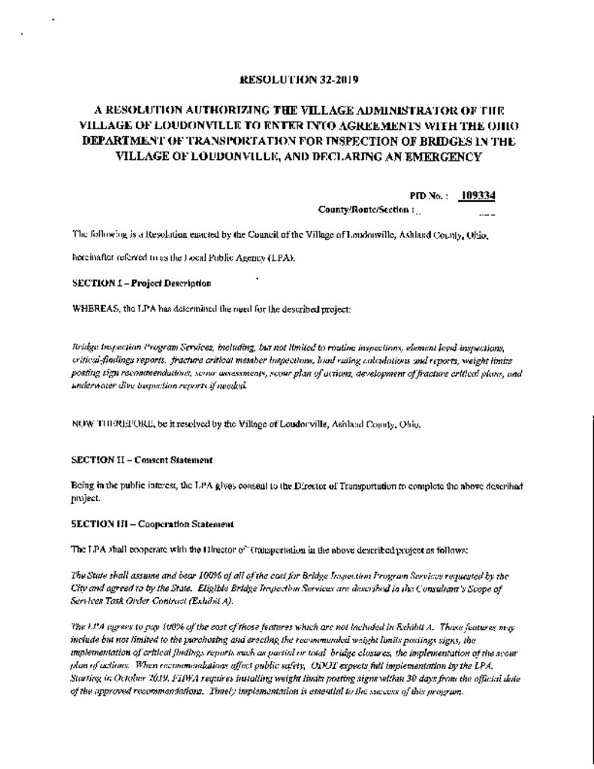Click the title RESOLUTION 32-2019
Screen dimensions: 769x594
click(x=294, y=79)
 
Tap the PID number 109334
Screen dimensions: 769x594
click(x=478, y=196)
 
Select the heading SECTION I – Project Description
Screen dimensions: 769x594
click(x=141, y=283)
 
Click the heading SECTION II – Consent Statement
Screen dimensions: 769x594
click(x=142, y=460)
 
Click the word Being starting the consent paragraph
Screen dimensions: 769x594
click(x=83, y=486)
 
